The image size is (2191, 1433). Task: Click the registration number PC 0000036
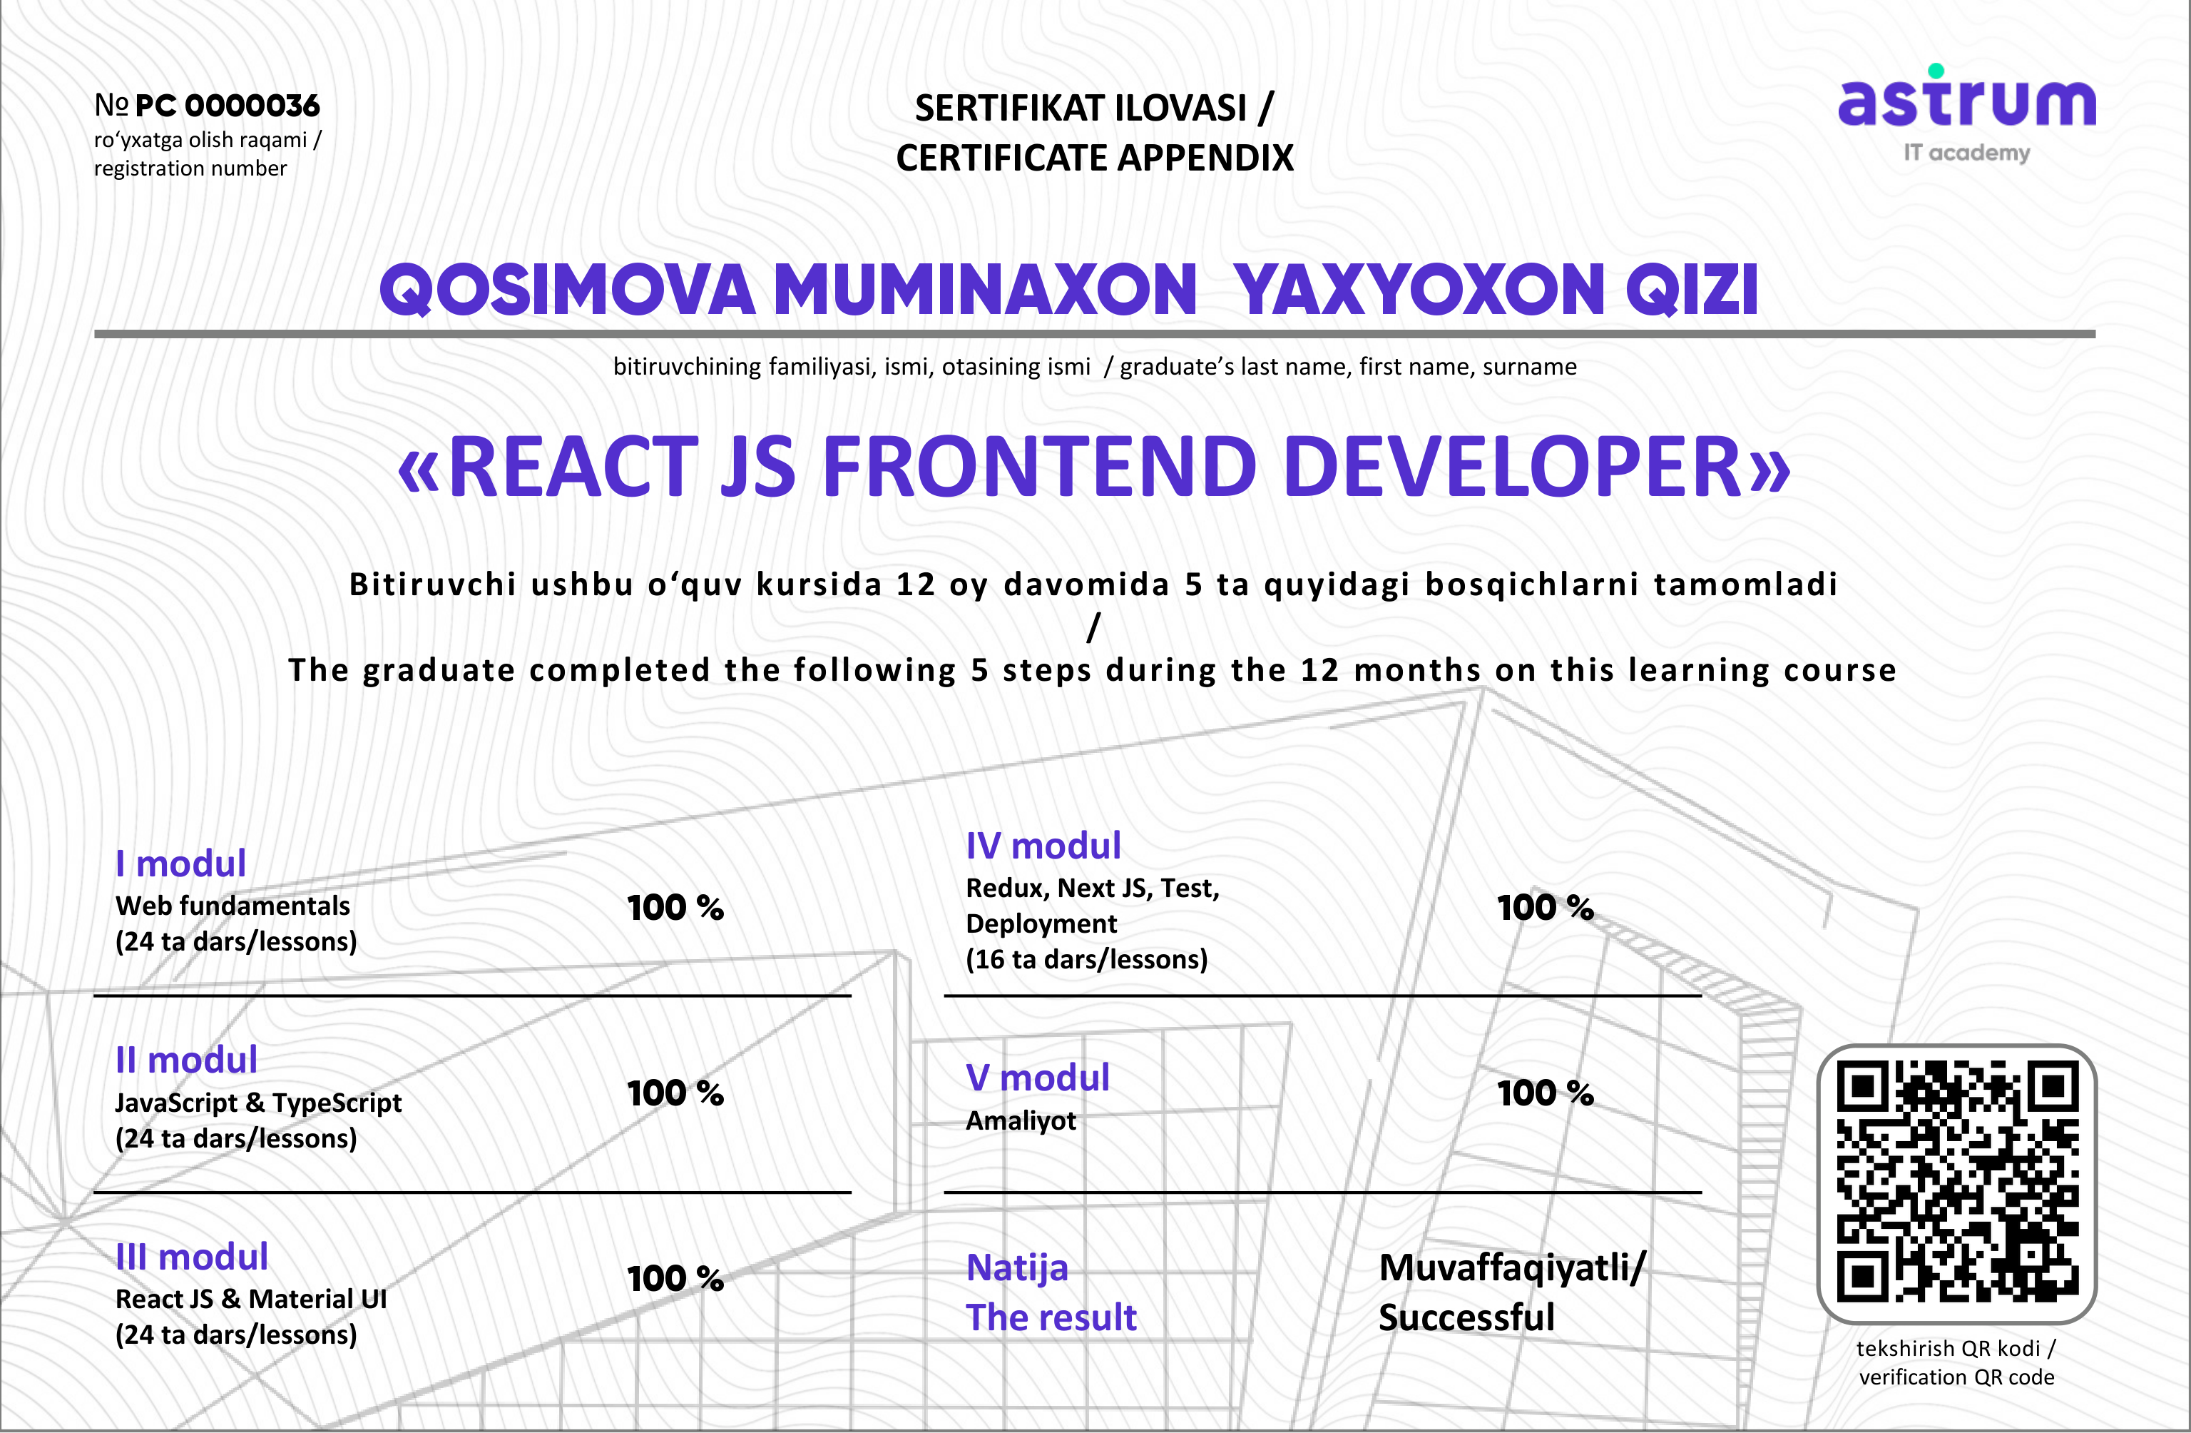tap(228, 106)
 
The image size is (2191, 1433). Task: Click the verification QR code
tap(1957, 1183)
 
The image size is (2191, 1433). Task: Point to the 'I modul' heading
tap(180, 864)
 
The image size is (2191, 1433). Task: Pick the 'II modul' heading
tap(186, 1060)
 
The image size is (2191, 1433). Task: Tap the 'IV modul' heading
tap(1043, 846)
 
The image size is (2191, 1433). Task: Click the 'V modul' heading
tap(1038, 1078)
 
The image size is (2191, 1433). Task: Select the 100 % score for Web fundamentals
tap(675, 908)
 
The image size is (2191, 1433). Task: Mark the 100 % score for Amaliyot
tap(1546, 1093)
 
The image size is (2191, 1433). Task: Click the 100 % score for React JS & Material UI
tap(675, 1278)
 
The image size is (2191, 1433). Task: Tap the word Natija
tap(1017, 1269)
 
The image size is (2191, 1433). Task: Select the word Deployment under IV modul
tap(1041, 923)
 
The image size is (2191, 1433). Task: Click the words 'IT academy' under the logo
tap(1967, 153)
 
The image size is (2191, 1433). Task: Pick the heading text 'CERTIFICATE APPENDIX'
tap(1095, 158)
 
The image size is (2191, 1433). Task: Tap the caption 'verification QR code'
tap(1957, 1377)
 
